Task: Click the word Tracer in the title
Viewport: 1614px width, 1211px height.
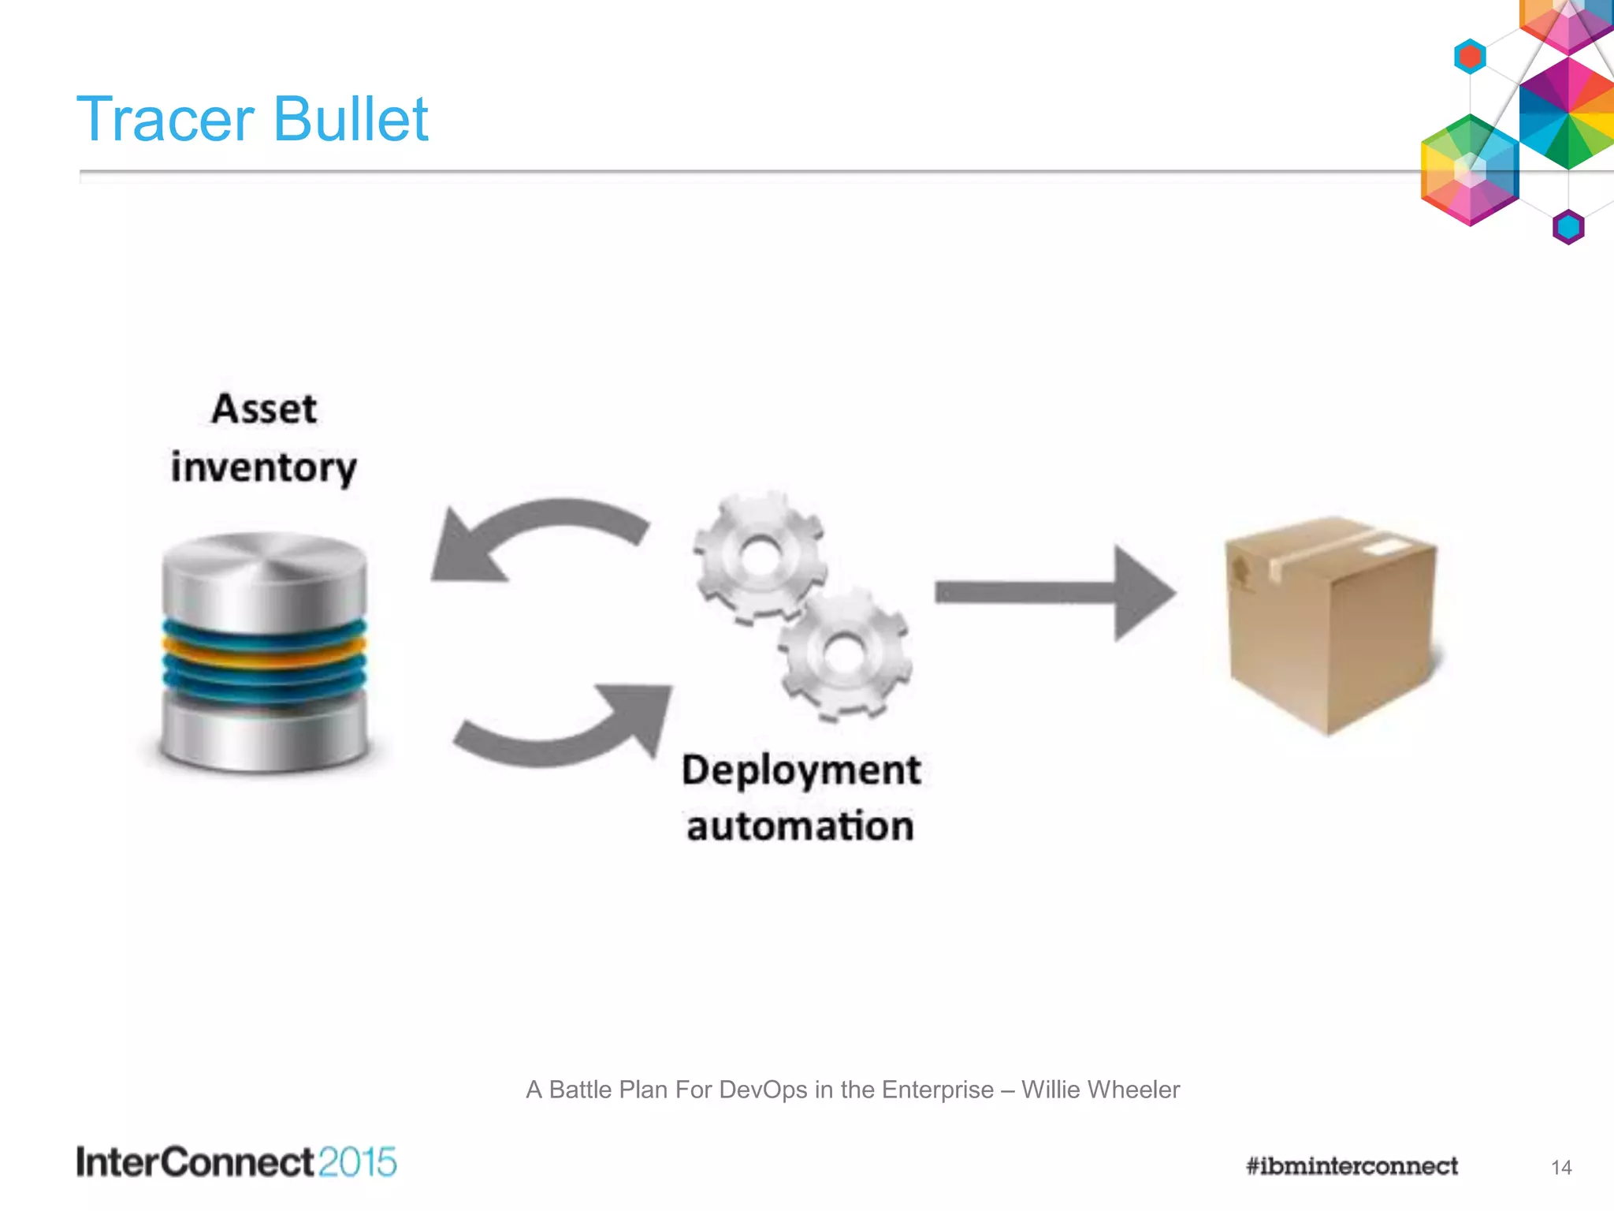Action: [165, 119]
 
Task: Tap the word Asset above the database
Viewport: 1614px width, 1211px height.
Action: [264, 409]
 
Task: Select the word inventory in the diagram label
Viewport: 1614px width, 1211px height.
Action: [264, 468]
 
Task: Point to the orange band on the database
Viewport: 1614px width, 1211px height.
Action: [264, 652]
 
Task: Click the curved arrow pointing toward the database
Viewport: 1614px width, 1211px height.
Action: [536, 536]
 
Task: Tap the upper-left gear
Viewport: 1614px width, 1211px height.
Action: [759, 557]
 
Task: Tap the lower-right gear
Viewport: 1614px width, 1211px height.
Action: [845, 654]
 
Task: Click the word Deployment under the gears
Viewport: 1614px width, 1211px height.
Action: [801, 770]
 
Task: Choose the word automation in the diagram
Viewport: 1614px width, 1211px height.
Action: [801, 826]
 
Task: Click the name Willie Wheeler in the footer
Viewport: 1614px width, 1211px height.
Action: [1100, 1090]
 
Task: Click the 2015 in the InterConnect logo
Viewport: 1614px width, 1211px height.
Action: [358, 1163]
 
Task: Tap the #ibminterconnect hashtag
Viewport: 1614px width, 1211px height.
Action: [1352, 1166]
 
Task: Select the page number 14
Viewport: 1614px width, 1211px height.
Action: [1561, 1168]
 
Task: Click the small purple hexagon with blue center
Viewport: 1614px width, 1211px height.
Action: [1568, 227]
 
